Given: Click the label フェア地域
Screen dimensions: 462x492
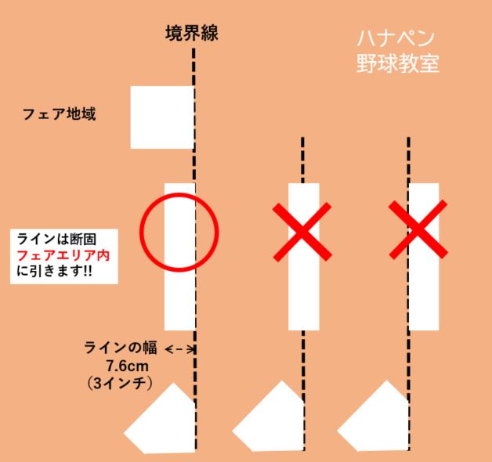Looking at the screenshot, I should (x=59, y=114).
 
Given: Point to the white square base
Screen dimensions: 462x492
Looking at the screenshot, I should (x=162, y=117).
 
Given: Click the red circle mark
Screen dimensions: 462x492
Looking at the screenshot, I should (x=179, y=232).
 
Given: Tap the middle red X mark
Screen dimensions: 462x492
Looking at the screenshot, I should (x=302, y=232).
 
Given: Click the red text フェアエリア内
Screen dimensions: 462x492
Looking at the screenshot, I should (x=56, y=255).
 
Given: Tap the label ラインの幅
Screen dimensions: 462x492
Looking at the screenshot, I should (x=121, y=348).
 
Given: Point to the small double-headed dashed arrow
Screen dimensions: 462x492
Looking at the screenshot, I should (x=179, y=349).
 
